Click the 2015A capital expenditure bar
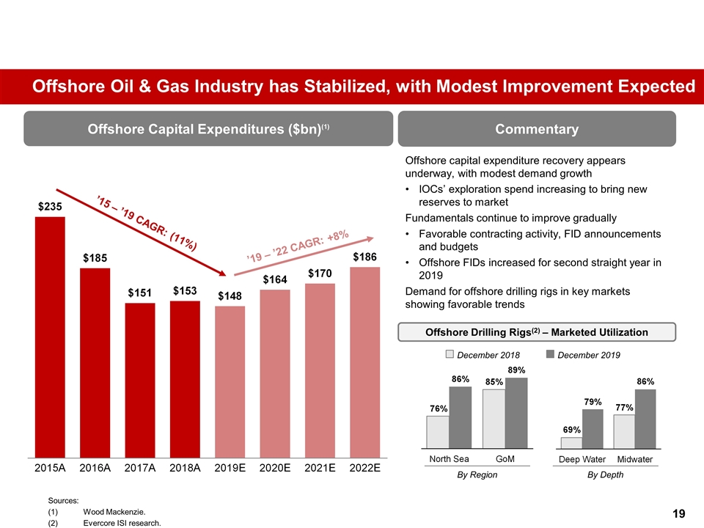tap(50, 336)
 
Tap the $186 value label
tap(365, 257)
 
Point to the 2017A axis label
tap(140, 468)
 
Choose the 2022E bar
tap(365, 362)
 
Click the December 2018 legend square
tap(450, 355)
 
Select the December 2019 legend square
tap(551, 355)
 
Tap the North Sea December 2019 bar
tap(461, 417)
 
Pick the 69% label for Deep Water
tap(572, 429)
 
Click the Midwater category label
tap(635, 459)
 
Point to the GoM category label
tap(505, 459)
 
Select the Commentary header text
tap(536, 129)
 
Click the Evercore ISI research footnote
tap(122, 523)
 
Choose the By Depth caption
tap(606, 474)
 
